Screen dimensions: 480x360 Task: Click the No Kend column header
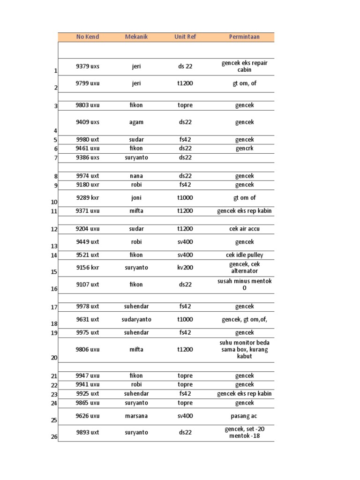point(88,37)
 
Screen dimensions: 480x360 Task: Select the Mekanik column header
point(136,37)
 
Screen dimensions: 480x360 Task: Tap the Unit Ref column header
point(185,37)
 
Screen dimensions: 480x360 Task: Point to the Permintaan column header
point(244,37)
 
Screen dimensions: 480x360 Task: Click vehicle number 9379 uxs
point(88,67)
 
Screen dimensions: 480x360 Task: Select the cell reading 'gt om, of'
point(244,83)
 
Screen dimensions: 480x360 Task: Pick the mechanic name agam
point(136,122)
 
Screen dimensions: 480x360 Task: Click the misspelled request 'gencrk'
point(244,149)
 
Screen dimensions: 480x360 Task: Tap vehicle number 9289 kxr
point(88,198)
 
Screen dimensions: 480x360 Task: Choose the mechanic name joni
point(136,198)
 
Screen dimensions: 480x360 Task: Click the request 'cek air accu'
point(244,229)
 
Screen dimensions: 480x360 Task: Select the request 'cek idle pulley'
point(244,255)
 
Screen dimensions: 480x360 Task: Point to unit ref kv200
point(185,268)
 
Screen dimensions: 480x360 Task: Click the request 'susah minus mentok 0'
point(244,285)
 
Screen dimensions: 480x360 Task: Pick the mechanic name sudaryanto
point(136,320)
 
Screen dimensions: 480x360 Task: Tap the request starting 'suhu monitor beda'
point(244,349)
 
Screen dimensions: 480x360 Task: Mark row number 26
point(54,437)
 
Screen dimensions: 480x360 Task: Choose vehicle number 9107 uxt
point(88,285)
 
